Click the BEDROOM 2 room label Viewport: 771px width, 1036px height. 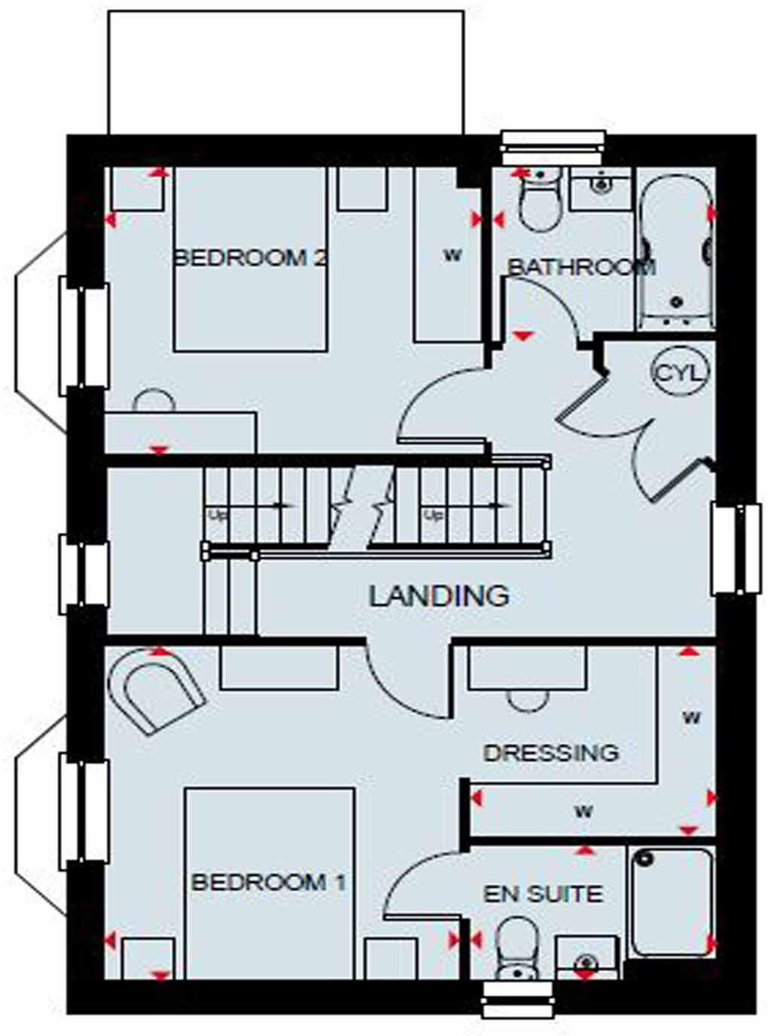pos(250,258)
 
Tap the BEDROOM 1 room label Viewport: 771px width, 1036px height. pos(269,882)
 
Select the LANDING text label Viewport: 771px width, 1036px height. pos(439,596)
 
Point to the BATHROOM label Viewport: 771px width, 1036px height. pos(581,267)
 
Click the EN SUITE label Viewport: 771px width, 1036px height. pos(543,894)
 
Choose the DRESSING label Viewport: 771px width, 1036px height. pos(551,753)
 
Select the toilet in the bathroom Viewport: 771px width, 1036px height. pos(540,200)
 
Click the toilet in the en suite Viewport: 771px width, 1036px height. pos(517,947)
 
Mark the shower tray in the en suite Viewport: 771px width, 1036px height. pos(672,901)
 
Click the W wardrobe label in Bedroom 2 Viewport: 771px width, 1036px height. pos(452,256)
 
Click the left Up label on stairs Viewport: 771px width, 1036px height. pos(218,516)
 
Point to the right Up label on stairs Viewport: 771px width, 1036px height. pos(433,516)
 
